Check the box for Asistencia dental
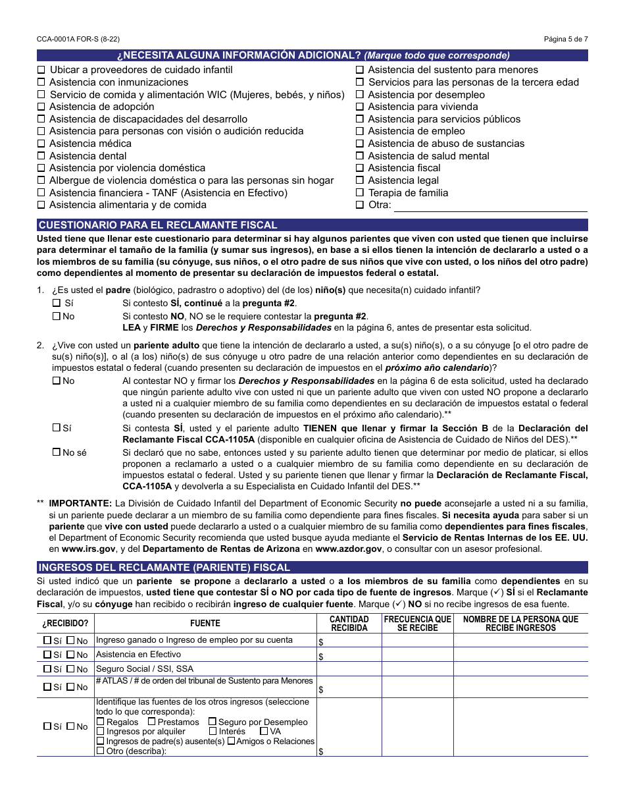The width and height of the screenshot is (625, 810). (x=41, y=156)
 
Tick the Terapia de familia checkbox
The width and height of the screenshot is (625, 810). (x=360, y=193)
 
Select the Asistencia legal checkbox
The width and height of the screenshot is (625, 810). (x=360, y=180)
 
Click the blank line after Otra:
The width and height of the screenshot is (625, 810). (x=490, y=205)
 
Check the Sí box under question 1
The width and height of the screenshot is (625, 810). (x=56, y=303)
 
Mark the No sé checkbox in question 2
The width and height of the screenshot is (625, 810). (x=56, y=452)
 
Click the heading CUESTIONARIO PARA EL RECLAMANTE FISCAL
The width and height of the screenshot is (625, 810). (x=158, y=225)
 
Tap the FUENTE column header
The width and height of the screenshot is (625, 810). (x=205, y=623)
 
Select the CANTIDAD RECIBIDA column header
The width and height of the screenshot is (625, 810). (x=349, y=623)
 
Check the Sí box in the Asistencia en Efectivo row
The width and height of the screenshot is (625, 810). (x=47, y=655)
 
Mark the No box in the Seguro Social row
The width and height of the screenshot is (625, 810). (x=70, y=669)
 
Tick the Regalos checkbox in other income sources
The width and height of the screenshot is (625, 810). (x=101, y=722)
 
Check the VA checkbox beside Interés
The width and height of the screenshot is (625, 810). (x=264, y=731)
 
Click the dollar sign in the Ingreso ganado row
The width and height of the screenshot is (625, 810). (x=320, y=642)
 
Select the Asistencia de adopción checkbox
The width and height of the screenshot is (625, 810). (x=41, y=107)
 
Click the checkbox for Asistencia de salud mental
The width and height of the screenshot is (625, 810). (x=360, y=156)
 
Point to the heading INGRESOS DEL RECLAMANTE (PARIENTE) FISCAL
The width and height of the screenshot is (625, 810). (x=164, y=567)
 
